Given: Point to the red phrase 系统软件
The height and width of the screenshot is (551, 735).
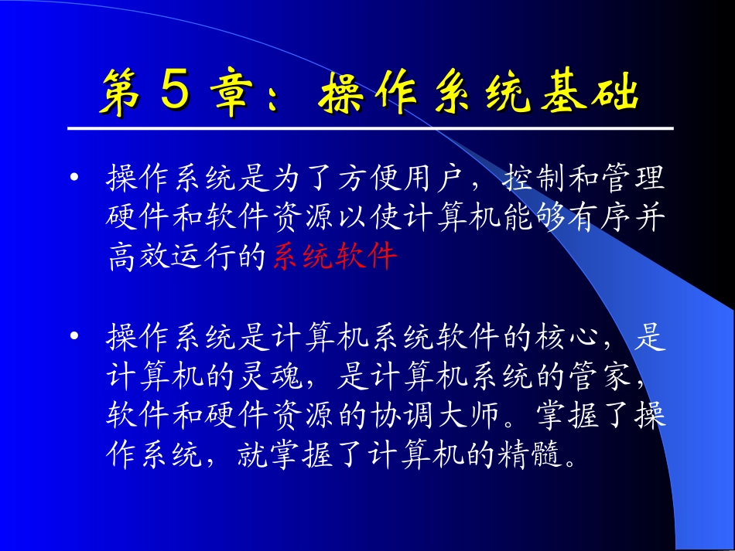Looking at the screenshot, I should point(335,256).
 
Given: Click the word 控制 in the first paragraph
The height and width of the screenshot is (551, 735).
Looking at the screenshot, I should point(532,179).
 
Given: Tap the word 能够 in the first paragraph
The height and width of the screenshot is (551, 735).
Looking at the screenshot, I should point(532,217).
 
